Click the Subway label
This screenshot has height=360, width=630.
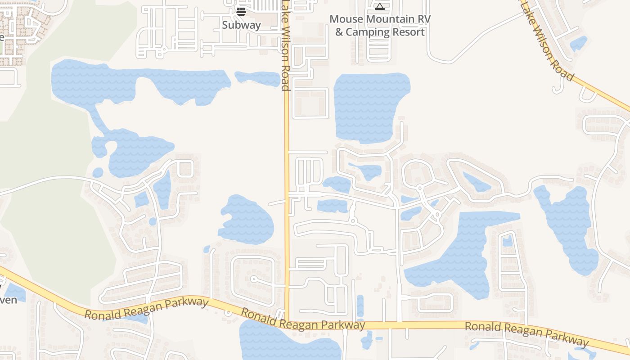[x=241, y=25]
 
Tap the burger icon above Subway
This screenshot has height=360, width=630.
[x=241, y=11]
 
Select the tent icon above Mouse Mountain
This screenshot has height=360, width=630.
[x=380, y=6]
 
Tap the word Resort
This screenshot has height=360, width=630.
[x=408, y=32]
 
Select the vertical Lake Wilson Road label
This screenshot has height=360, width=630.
[x=285, y=45]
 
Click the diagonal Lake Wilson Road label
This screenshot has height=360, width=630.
[x=547, y=43]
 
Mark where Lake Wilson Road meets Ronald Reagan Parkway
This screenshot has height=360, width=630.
[x=287, y=313]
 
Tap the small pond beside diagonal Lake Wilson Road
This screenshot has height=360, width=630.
[x=578, y=44]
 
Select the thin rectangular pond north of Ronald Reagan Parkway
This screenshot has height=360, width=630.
[x=360, y=306]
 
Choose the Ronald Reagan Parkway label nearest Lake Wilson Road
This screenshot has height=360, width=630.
[x=302, y=319]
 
